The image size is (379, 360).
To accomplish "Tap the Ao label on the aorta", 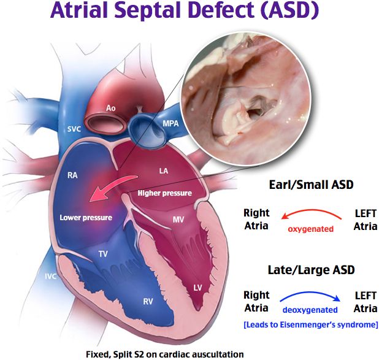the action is tap(110, 109).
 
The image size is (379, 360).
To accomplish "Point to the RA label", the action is tap(72, 175).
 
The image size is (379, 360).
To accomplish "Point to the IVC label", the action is tap(50, 276).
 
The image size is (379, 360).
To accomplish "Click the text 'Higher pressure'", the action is tap(164, 193).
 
